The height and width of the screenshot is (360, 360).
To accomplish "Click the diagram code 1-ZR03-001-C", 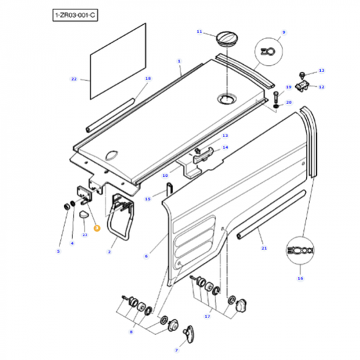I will coord(74,14).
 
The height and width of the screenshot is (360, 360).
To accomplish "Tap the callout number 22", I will coord(74,79).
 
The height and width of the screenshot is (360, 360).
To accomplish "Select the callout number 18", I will coord(147,78).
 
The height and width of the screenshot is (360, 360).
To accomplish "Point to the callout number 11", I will coord(199,32).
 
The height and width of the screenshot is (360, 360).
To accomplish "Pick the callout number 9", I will coord(284,32).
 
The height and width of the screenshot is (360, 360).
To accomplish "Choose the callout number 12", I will coord(322,87).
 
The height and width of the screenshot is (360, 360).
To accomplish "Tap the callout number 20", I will coord(288,102).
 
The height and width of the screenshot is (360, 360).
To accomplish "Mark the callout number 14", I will coord(226,147).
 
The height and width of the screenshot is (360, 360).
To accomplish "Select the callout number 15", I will coord(148,199).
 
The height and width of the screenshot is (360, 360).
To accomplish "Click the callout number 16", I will coord(301,278).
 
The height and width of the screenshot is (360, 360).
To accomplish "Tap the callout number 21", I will coord(264,248).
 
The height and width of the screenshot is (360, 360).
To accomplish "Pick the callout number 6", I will coord(146,256).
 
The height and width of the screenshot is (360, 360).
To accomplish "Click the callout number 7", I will coord(176,351).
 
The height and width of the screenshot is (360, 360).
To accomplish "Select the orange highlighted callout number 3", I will coord(97,228).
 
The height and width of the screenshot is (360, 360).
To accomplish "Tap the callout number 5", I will coord(58,251).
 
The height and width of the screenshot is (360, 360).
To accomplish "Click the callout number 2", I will coord(110,251).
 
